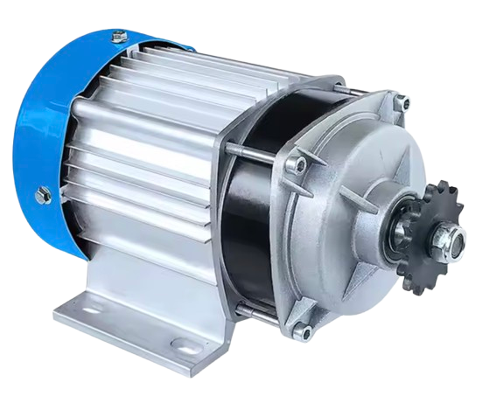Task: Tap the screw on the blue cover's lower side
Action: (x=41, y=195)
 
